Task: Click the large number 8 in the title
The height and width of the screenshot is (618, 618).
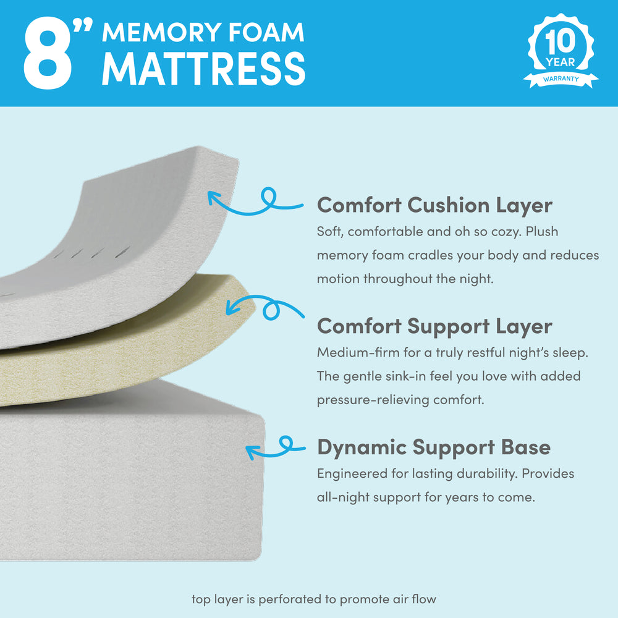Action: coord(48,53)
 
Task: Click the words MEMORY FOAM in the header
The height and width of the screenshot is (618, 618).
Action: coord(203,32)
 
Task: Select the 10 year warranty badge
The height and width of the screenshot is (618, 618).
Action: coord(561,51)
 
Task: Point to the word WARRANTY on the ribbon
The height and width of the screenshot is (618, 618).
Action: coord(561,79)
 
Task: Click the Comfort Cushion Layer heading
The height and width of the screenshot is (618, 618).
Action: coord(434,206)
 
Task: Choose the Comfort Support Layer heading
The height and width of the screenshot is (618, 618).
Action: coord(434,327)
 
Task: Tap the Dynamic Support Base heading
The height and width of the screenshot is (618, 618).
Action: coord(434,447)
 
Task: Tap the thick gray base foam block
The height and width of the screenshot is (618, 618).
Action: coord(130,481)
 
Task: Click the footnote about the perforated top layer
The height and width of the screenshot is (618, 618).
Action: coord(314,599)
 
